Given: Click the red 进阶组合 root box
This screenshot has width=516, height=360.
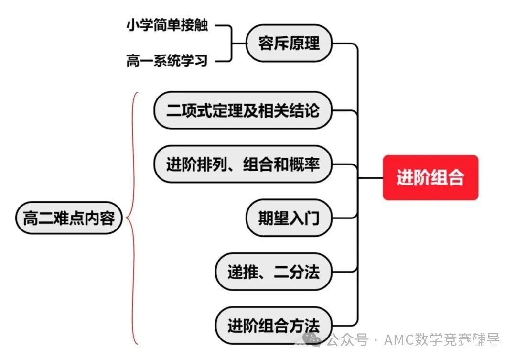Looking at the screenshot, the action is pos(430,177).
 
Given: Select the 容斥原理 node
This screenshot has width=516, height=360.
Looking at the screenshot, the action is pos(289,43).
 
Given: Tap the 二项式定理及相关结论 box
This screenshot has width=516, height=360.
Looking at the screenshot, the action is pos(243,110).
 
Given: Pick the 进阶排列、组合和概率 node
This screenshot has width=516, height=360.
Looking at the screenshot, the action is pos(243,164).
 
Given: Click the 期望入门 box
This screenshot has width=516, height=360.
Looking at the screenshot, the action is pos(289,218).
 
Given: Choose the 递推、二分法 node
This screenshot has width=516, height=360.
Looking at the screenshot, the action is pos(273,272).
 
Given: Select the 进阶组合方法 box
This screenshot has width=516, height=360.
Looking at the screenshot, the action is pos(273,326).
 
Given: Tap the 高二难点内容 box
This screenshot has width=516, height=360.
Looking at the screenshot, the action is pos(69,218).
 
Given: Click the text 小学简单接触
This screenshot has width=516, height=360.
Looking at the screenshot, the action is pos(167,25).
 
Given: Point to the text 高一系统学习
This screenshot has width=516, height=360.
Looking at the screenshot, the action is pos(167,61).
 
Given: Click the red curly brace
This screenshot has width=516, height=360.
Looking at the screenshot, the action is pos(133,218).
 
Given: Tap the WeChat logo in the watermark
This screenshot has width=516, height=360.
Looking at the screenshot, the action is pos(312,339).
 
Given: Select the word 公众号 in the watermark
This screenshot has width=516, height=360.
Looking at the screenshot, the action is pos(347,339).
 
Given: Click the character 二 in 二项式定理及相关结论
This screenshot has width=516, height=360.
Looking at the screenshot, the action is pos(174,110).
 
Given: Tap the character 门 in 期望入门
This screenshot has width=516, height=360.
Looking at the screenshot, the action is pos(312,218).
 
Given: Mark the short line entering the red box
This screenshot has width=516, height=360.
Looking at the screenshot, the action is pos(371,178).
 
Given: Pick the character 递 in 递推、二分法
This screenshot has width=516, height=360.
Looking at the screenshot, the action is pos(235,272).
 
